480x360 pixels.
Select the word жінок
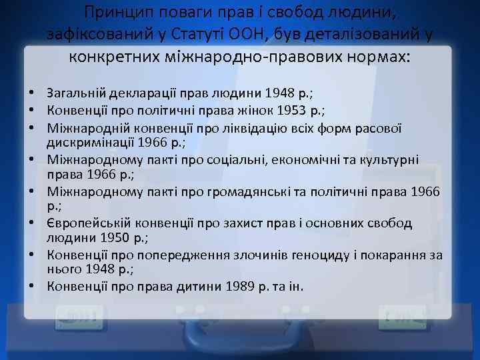pyautogui.click(x=235, y=109)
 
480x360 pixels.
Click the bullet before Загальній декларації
pyautogui.click(x=32, y=93)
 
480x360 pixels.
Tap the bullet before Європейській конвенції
pyautogui.click(x=32, y=223)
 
